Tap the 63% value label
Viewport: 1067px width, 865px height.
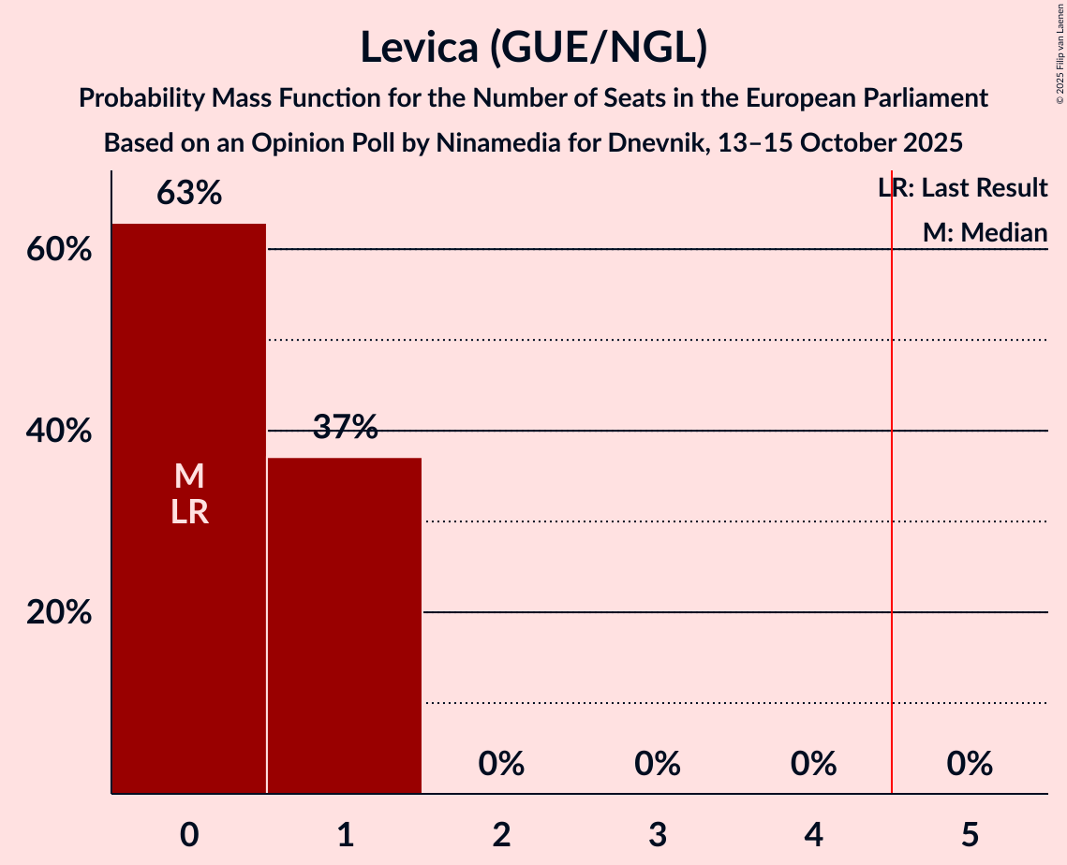(188, 194)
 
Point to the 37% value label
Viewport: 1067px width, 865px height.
(345, 428)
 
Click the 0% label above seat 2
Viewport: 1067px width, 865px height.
(501, 764)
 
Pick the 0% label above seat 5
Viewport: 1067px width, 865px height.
(970, 764)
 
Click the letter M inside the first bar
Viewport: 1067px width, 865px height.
(188, 476)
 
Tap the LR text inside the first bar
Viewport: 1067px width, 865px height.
(188, 512)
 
